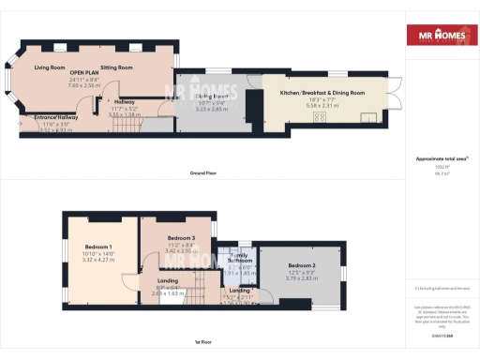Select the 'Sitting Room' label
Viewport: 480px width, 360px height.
119,67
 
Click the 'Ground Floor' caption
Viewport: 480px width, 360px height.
204,173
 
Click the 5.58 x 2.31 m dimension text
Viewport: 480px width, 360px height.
323,106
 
